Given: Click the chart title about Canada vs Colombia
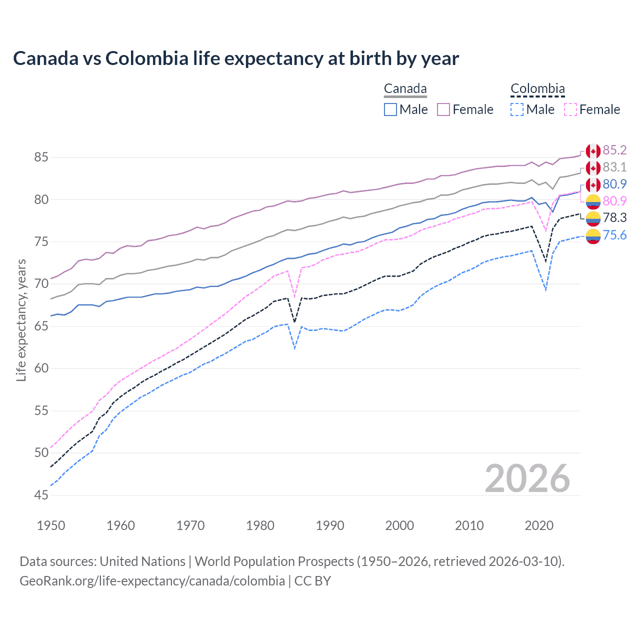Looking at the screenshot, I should (x=235, y=58).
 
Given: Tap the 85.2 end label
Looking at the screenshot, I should (x=614, y=150).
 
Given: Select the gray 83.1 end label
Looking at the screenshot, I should (x=614, y=167).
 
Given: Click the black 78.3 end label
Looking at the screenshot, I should (x=614, y=217).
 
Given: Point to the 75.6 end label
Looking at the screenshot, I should (x=614, y=235).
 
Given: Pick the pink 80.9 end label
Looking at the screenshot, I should (x=614, y=201).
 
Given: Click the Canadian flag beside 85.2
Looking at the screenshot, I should (x=593, y=150).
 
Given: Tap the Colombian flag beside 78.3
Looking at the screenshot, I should (x=593, y=218).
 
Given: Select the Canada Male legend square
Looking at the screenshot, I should (x=390, y=109).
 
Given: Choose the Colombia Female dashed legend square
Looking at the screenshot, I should (x=570, y=109).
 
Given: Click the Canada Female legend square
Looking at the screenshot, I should (x=443, y=109).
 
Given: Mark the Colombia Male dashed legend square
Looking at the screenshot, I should (x=517, y=109).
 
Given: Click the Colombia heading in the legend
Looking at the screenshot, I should (x=537, y=89).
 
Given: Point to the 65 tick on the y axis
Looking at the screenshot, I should (x=41, y=326).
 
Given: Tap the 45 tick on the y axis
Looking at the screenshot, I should (x=41, y=495).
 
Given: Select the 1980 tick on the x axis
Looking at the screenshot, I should (x=260, y=525).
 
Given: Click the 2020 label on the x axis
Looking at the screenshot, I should (x=539, y=525).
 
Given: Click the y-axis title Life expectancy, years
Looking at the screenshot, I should (x=21, y=320).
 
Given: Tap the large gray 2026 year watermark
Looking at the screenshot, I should (x=527, y=478).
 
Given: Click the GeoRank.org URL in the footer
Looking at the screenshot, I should (x=152, y=581).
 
